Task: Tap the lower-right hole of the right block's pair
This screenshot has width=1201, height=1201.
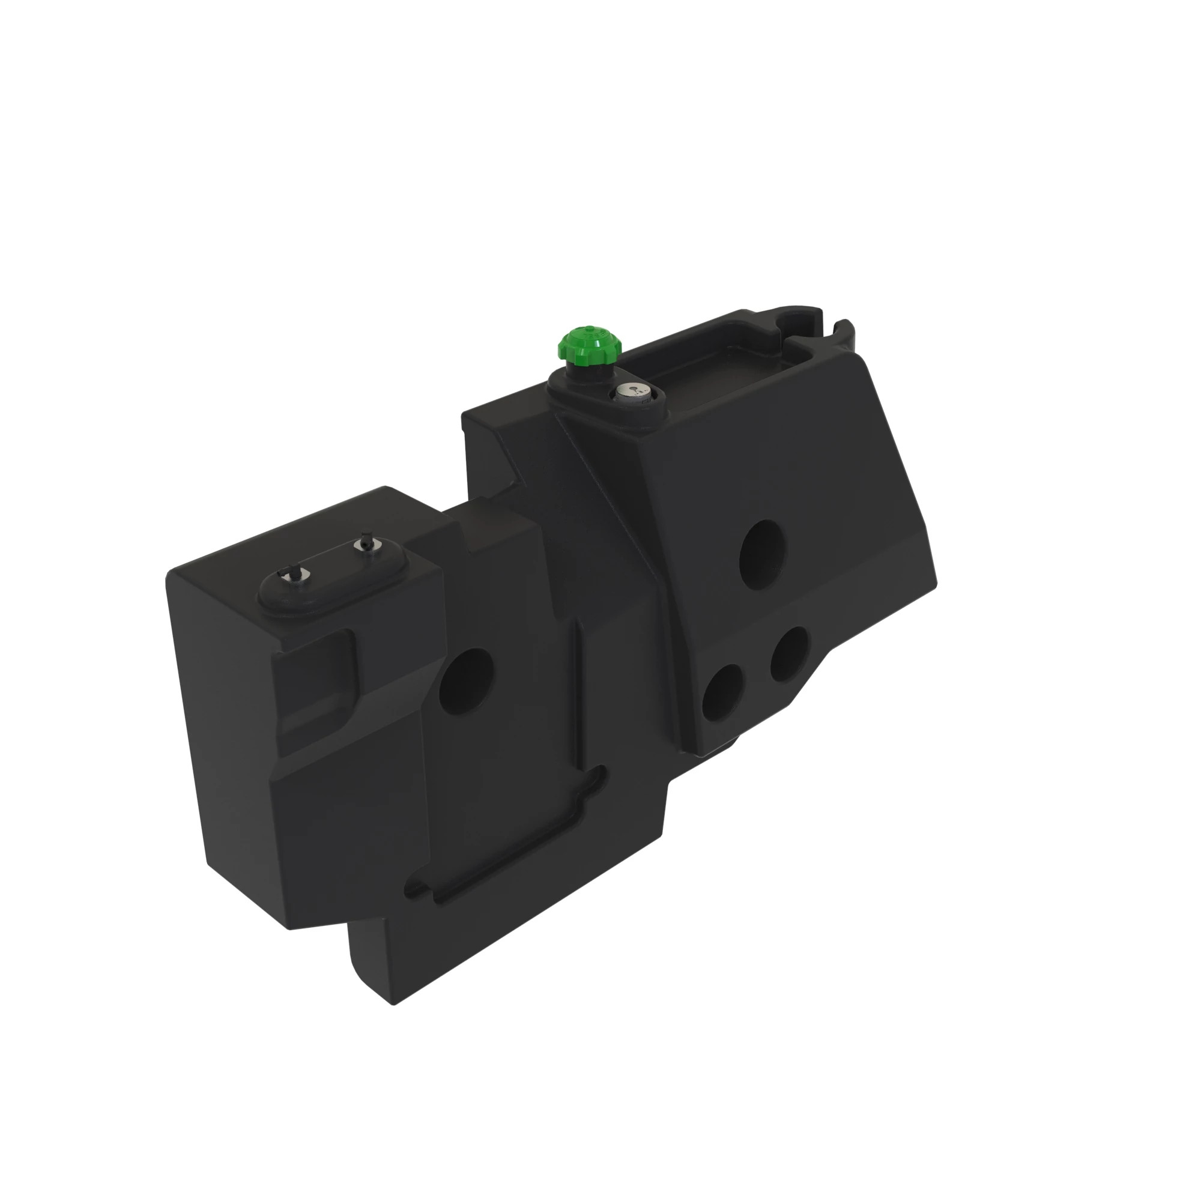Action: pyautogui.click(x=790, y=653)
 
